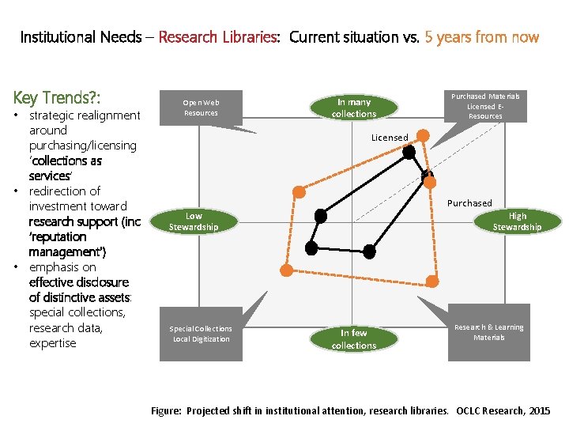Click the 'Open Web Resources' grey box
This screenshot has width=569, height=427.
tap(201, 107)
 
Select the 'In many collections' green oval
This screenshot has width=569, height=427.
tap(353, 108)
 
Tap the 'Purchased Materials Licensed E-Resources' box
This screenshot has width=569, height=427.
tap(484, 106)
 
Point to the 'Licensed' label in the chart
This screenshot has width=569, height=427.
tap(390, 138)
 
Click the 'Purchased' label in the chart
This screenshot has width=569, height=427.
tap(469, 203)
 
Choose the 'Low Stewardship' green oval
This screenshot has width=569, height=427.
tap(194, 221)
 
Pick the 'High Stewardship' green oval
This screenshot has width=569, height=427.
tap(517, 221)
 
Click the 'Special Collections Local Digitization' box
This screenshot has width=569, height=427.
tap(201, 334)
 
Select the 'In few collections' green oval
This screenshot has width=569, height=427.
tap(353, 339)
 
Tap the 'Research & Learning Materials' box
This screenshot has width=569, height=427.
tap(488, 332)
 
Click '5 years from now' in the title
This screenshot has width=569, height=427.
tap(481, 37)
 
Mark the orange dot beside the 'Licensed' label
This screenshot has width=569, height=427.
tap(423, 137)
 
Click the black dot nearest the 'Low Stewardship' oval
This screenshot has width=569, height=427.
tap(320, 215)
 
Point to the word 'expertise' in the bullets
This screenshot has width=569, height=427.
tap(52, 343)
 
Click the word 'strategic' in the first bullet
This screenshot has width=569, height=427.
tap(52, 115)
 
